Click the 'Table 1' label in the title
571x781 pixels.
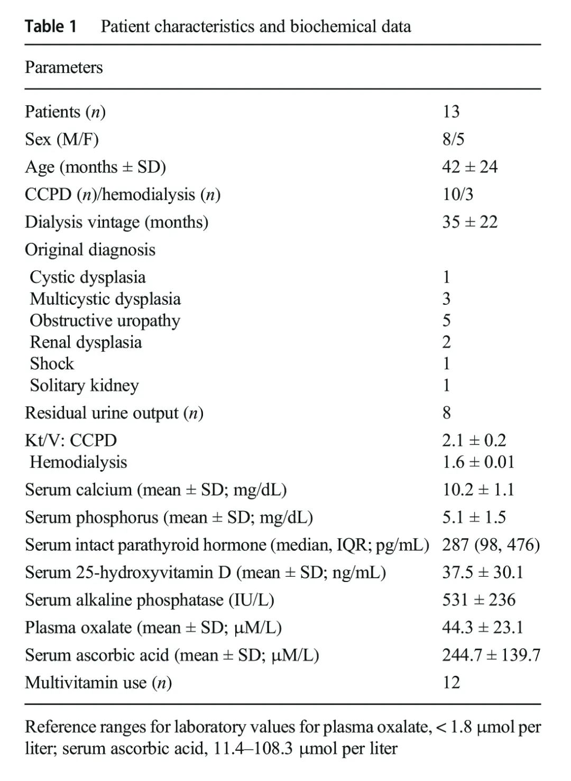tap(51, 26)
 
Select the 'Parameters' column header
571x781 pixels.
tap(63, 67)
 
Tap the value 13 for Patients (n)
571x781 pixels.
tap(451, 112)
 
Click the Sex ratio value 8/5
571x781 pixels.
tap(453, 139)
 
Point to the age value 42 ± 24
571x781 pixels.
tap(470, 167)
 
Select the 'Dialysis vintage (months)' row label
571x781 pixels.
tap(116, 222)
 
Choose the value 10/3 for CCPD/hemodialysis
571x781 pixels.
tap(458, 194)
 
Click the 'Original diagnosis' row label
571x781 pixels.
tap(90, 249)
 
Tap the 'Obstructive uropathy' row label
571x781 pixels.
tap(105, 320)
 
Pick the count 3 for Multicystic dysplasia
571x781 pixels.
tap(446, 299)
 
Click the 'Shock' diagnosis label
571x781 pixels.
tap(52, 364)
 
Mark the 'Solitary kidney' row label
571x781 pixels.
tap(84, 385)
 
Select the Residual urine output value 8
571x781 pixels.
tap(447, 413)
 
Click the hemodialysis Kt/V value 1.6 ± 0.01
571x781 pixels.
tap(478, 462)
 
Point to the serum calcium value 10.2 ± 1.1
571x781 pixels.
tap(478, 489)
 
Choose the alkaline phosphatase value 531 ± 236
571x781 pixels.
tap(478, 600)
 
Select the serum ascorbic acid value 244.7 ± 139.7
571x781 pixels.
tap(491, 655)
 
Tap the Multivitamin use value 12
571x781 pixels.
tap(451, 683)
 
